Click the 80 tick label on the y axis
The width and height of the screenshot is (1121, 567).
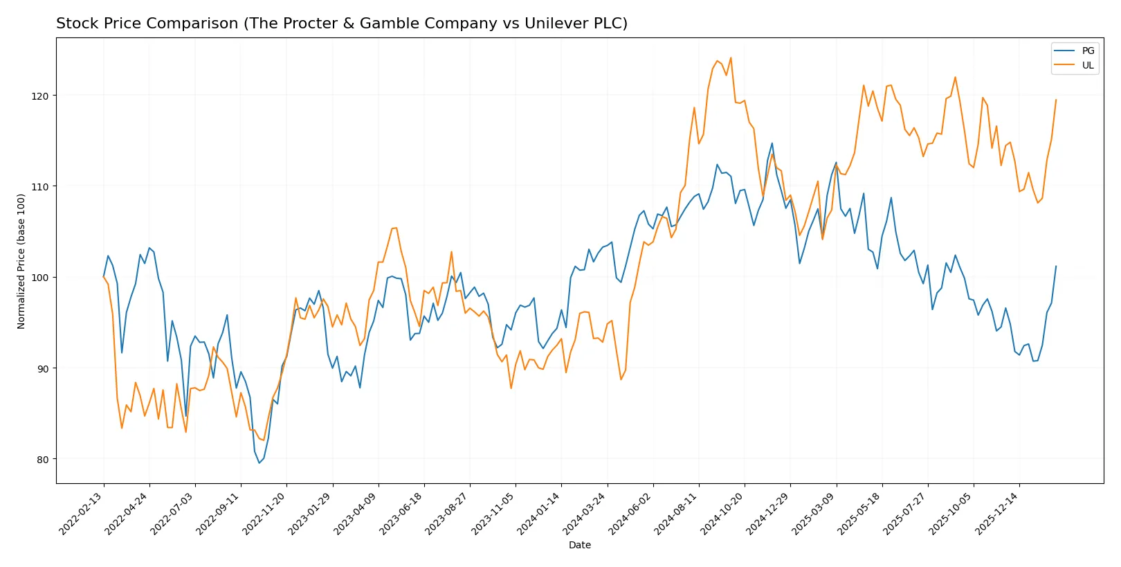(43, 460)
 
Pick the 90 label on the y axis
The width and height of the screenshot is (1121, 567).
(43, 368)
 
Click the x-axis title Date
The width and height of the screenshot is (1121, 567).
(579, 546)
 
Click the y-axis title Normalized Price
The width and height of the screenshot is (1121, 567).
(21, 261)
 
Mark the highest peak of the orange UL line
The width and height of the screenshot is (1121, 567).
(731, 57)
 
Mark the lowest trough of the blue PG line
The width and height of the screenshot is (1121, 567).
(259, 462)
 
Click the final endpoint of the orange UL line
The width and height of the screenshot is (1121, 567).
(1056, 100)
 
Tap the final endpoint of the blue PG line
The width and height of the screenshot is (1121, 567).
(1056, 266)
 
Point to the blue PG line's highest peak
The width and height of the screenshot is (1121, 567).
(772, 143)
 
